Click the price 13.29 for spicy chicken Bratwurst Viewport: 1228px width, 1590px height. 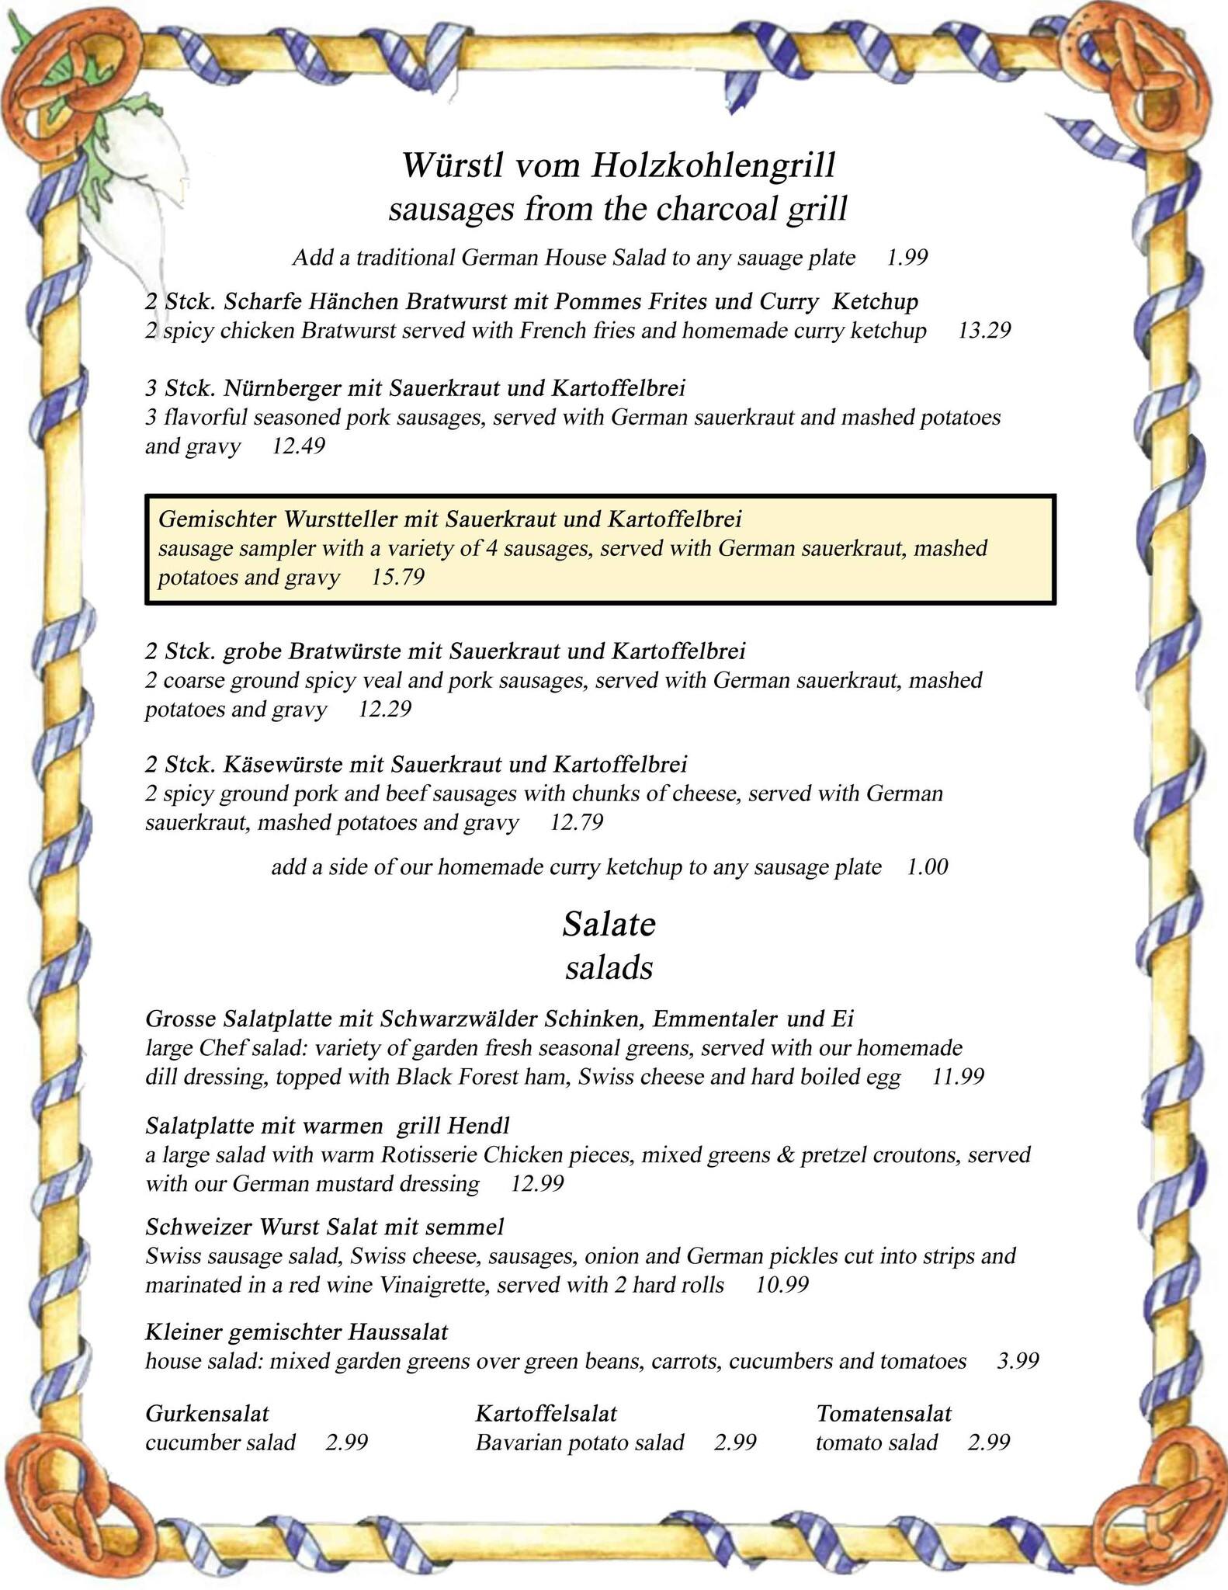[x=984, y=331]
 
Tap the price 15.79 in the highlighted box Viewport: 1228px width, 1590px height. [x=398, y=577]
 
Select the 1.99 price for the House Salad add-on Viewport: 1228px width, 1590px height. [x=907, y=258]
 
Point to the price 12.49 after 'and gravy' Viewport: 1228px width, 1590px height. [x=298, y=446]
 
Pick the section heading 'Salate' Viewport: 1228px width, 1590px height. [x=609, y=924]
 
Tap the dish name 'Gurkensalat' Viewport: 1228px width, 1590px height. [x=207, y=1413]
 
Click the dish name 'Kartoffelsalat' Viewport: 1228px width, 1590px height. [x=546, y=1413]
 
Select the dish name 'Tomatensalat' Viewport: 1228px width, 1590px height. [x=883, y=1413]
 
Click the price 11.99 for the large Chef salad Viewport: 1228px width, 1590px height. [x=958, y=1077]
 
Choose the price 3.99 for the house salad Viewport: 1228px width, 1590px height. [x=1018, y=1361]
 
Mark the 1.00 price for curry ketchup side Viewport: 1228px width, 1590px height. [x=928, y=866]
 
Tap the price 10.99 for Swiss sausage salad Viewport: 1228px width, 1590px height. [x=782, y=1285]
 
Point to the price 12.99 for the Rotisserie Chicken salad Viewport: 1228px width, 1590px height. [x=537, y=1183]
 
